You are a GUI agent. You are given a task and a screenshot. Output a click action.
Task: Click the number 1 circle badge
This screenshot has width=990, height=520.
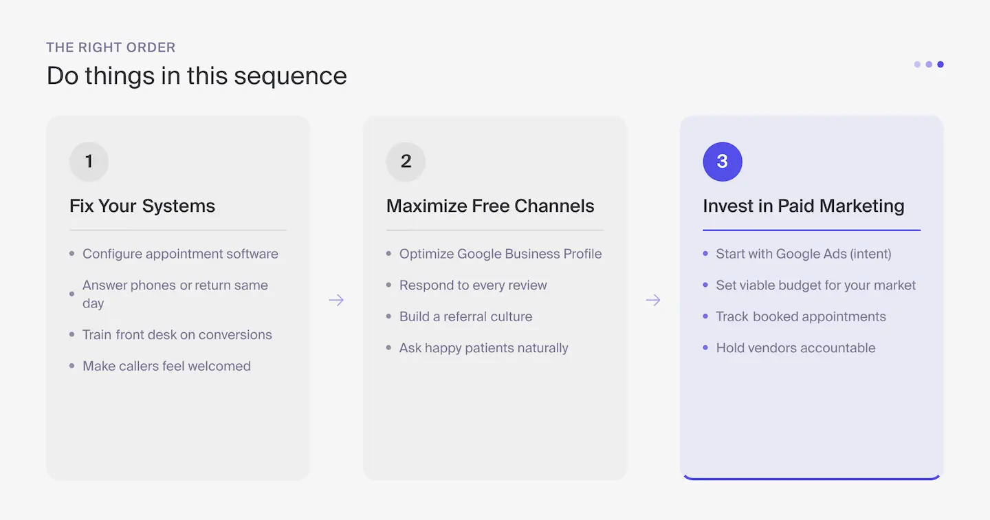89,162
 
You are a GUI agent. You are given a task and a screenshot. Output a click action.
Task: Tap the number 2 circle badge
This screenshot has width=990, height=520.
406,162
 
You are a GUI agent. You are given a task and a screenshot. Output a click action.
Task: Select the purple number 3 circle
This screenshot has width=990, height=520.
722,162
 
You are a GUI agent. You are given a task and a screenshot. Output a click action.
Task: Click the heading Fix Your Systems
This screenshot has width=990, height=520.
142,206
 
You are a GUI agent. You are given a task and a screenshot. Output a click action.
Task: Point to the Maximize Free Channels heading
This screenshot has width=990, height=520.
490,206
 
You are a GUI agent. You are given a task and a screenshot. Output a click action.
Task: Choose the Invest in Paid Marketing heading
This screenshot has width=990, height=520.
803,206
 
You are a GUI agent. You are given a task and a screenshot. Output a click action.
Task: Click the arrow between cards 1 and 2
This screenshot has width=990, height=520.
336,300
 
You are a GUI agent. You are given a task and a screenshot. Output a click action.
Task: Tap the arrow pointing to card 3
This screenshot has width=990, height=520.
653,300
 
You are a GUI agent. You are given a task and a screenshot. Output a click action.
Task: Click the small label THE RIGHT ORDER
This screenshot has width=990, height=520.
111,47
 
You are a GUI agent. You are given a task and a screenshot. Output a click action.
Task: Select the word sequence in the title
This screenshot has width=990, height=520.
290,76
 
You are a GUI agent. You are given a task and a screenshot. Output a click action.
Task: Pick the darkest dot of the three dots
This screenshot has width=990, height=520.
940,65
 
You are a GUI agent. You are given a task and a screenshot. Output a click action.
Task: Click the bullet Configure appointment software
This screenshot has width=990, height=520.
180,254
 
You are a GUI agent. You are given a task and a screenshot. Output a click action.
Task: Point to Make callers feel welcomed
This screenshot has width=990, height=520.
166,366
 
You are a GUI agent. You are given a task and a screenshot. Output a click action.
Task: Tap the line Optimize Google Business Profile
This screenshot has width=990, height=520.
500,254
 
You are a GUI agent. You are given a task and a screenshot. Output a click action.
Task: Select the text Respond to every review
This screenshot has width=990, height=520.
473,285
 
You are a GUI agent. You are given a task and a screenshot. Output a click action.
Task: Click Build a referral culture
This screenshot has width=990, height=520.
465,316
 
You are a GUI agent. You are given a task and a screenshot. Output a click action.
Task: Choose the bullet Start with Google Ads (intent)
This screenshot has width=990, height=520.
803,254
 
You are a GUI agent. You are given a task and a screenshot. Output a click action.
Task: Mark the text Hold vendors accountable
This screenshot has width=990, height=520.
795,348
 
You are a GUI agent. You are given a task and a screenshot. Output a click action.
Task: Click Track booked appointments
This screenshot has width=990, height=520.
801,316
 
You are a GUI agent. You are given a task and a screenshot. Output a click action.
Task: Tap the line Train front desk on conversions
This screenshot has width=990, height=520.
177,335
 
